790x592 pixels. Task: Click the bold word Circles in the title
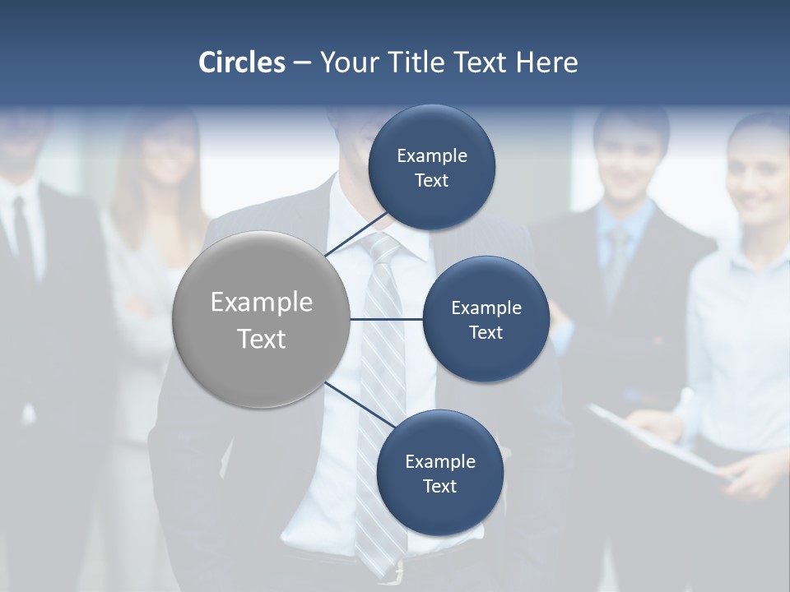click(x=241, y=62)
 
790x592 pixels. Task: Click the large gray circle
click(x=262, y=319)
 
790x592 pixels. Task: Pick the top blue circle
click(x=432, y=167)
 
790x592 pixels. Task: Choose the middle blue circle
click(x=486, y=319)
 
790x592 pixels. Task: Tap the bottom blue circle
click(x=439, y=473)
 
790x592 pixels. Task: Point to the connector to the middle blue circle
click(x=386, y=319)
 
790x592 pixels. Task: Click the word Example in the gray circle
click(x=262, y=303)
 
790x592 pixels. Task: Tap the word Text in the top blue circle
click(x=432, y=181)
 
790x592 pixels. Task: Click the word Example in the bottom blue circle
click(x=439, y=461)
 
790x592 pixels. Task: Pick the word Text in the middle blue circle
click(x=486, y=332)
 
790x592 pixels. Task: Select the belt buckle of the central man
click(x=398, y=572)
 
